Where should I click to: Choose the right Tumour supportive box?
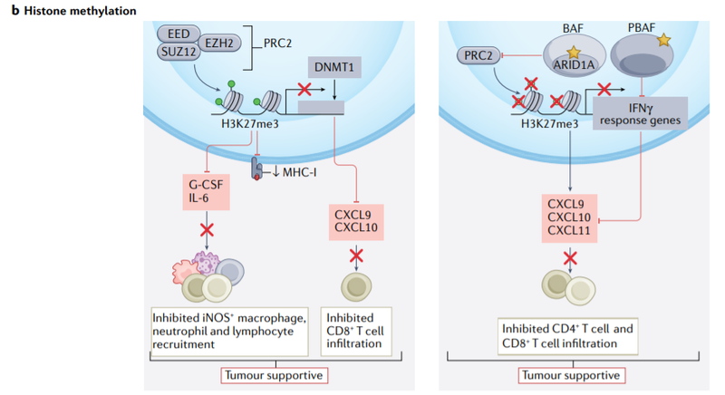click(571, 374)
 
